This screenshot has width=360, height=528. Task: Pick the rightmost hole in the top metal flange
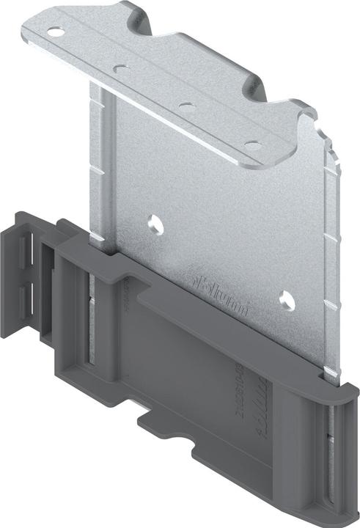[252, 145]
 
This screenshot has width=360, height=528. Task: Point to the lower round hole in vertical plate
[285, 298]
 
